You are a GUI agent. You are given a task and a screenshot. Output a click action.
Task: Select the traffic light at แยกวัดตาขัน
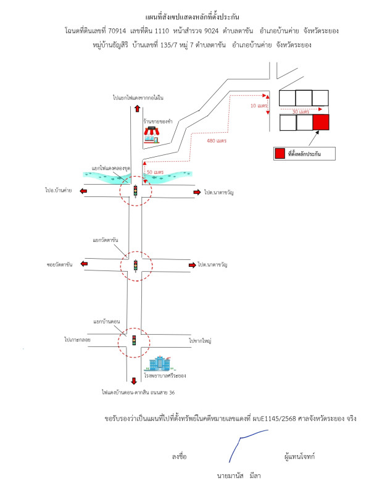[135, 266]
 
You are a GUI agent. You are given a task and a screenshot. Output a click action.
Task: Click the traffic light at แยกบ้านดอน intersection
[134, 340]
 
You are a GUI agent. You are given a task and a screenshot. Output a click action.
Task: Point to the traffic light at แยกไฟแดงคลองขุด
[135, 191]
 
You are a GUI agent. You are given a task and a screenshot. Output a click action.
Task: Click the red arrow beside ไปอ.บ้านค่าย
[83, 191]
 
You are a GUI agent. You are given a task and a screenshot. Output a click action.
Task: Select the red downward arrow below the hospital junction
[135, 381]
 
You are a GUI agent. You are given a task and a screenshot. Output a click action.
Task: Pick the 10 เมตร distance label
[259, 106]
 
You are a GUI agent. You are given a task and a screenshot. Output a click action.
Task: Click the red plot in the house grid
[321, 122]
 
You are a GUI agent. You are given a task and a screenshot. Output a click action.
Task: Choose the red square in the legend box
[280, 153]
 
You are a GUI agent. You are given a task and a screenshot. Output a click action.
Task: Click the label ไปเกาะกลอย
[77, 340]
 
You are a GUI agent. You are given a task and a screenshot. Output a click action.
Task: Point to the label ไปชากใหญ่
[200, 340]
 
